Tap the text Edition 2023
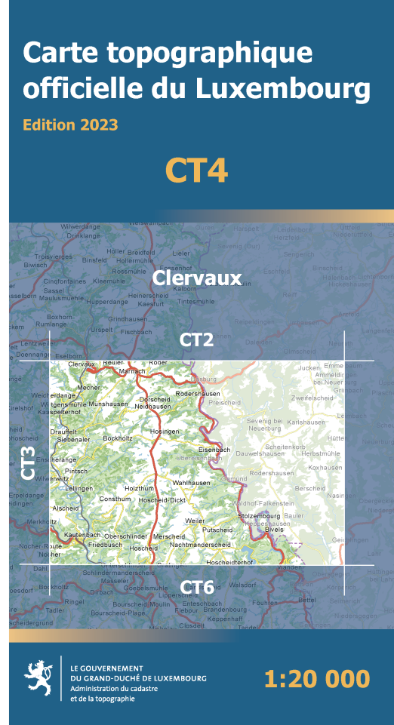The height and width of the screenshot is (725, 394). (70, 124)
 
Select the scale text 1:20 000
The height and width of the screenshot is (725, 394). (317, 678)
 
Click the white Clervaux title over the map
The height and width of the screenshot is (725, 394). (196, 278)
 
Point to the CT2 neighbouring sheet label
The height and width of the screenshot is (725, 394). (196, 340)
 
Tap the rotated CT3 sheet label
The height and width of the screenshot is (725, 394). (28, 461)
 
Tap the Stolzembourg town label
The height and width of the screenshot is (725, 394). (258, 516)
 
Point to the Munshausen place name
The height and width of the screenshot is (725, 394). (108, 404)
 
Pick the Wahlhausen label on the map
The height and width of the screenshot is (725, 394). (191, 482)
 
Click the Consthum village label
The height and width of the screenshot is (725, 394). (115, 499)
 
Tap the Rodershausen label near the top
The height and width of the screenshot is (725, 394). (196, 393)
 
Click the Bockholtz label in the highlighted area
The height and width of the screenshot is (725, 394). (118, 438)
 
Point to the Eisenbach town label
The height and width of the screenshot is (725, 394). (214, 450)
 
